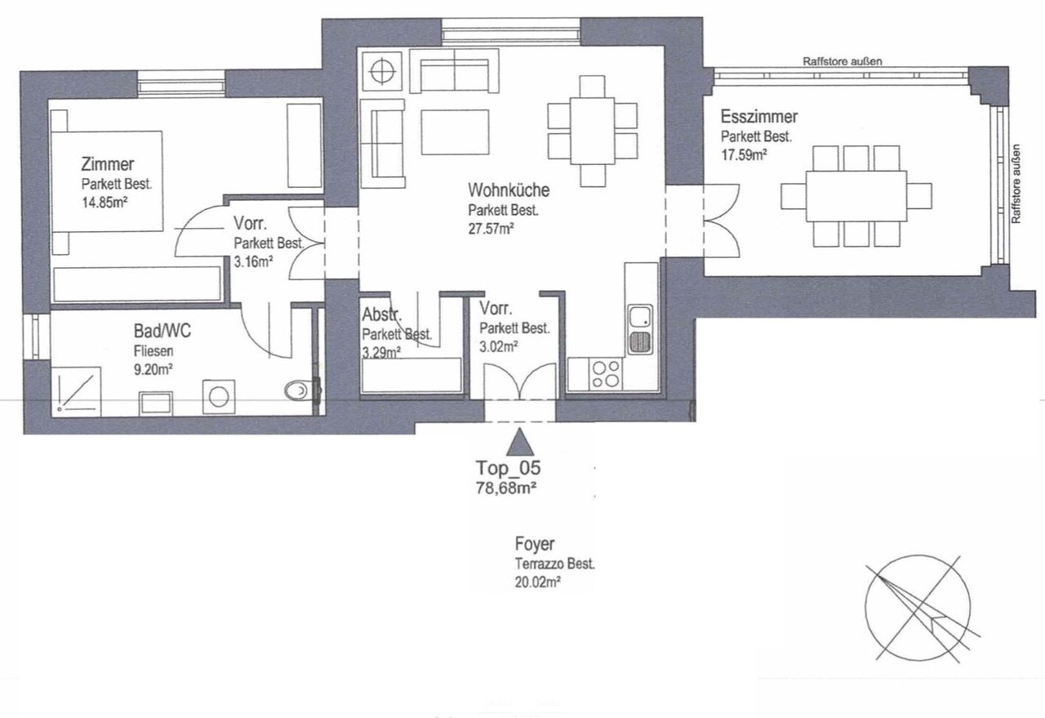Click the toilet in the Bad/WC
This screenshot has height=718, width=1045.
(x=296, y=390)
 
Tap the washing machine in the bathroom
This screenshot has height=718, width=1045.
(x=219, y=396)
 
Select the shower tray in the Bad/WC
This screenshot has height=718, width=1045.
(x=76, y=390)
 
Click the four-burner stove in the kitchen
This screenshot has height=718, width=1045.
(x=606, y=374)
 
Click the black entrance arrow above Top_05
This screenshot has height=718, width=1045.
(x=520, y=442)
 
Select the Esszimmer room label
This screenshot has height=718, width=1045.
(x=759, y=116)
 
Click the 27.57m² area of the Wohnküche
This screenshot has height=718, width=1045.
(x=491, y=229)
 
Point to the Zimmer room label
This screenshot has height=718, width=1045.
(x=107, y=164)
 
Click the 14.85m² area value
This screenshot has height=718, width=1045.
(x=104, y=203)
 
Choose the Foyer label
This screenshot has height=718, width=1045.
(x=535, y=544)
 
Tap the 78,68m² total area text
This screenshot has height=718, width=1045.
(x=505, y=488)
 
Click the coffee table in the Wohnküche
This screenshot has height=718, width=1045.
(x=455, y=132)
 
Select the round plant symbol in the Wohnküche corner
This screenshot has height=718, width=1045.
(x=382, y=72)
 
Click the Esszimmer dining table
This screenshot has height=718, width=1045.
(x=856, y=196)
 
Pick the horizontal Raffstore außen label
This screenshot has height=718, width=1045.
(x=842, y=61)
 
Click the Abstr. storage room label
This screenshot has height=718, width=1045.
(x=381, y=314)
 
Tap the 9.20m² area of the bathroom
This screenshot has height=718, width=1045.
(x=153, y=370)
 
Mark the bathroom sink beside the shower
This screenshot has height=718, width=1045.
(x=156, y=404)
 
